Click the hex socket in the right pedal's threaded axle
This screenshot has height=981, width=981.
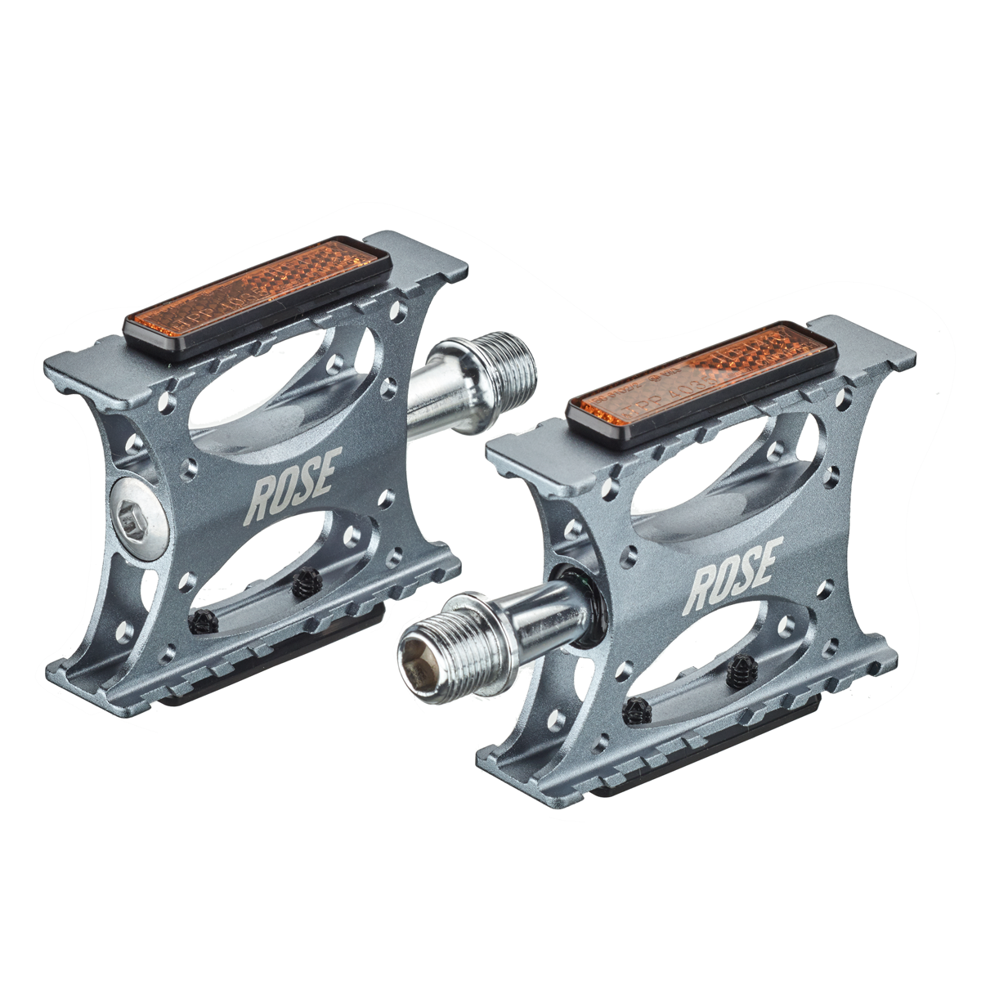click(x=419, y=663)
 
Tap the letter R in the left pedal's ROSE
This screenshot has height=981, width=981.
click(x=262, y=500)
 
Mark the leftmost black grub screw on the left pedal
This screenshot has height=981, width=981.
click(x=204, y=624)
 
